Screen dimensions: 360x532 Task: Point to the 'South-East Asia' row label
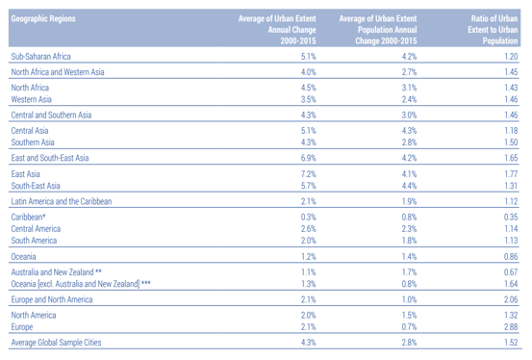pyautogui.click(x=36, y=185)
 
